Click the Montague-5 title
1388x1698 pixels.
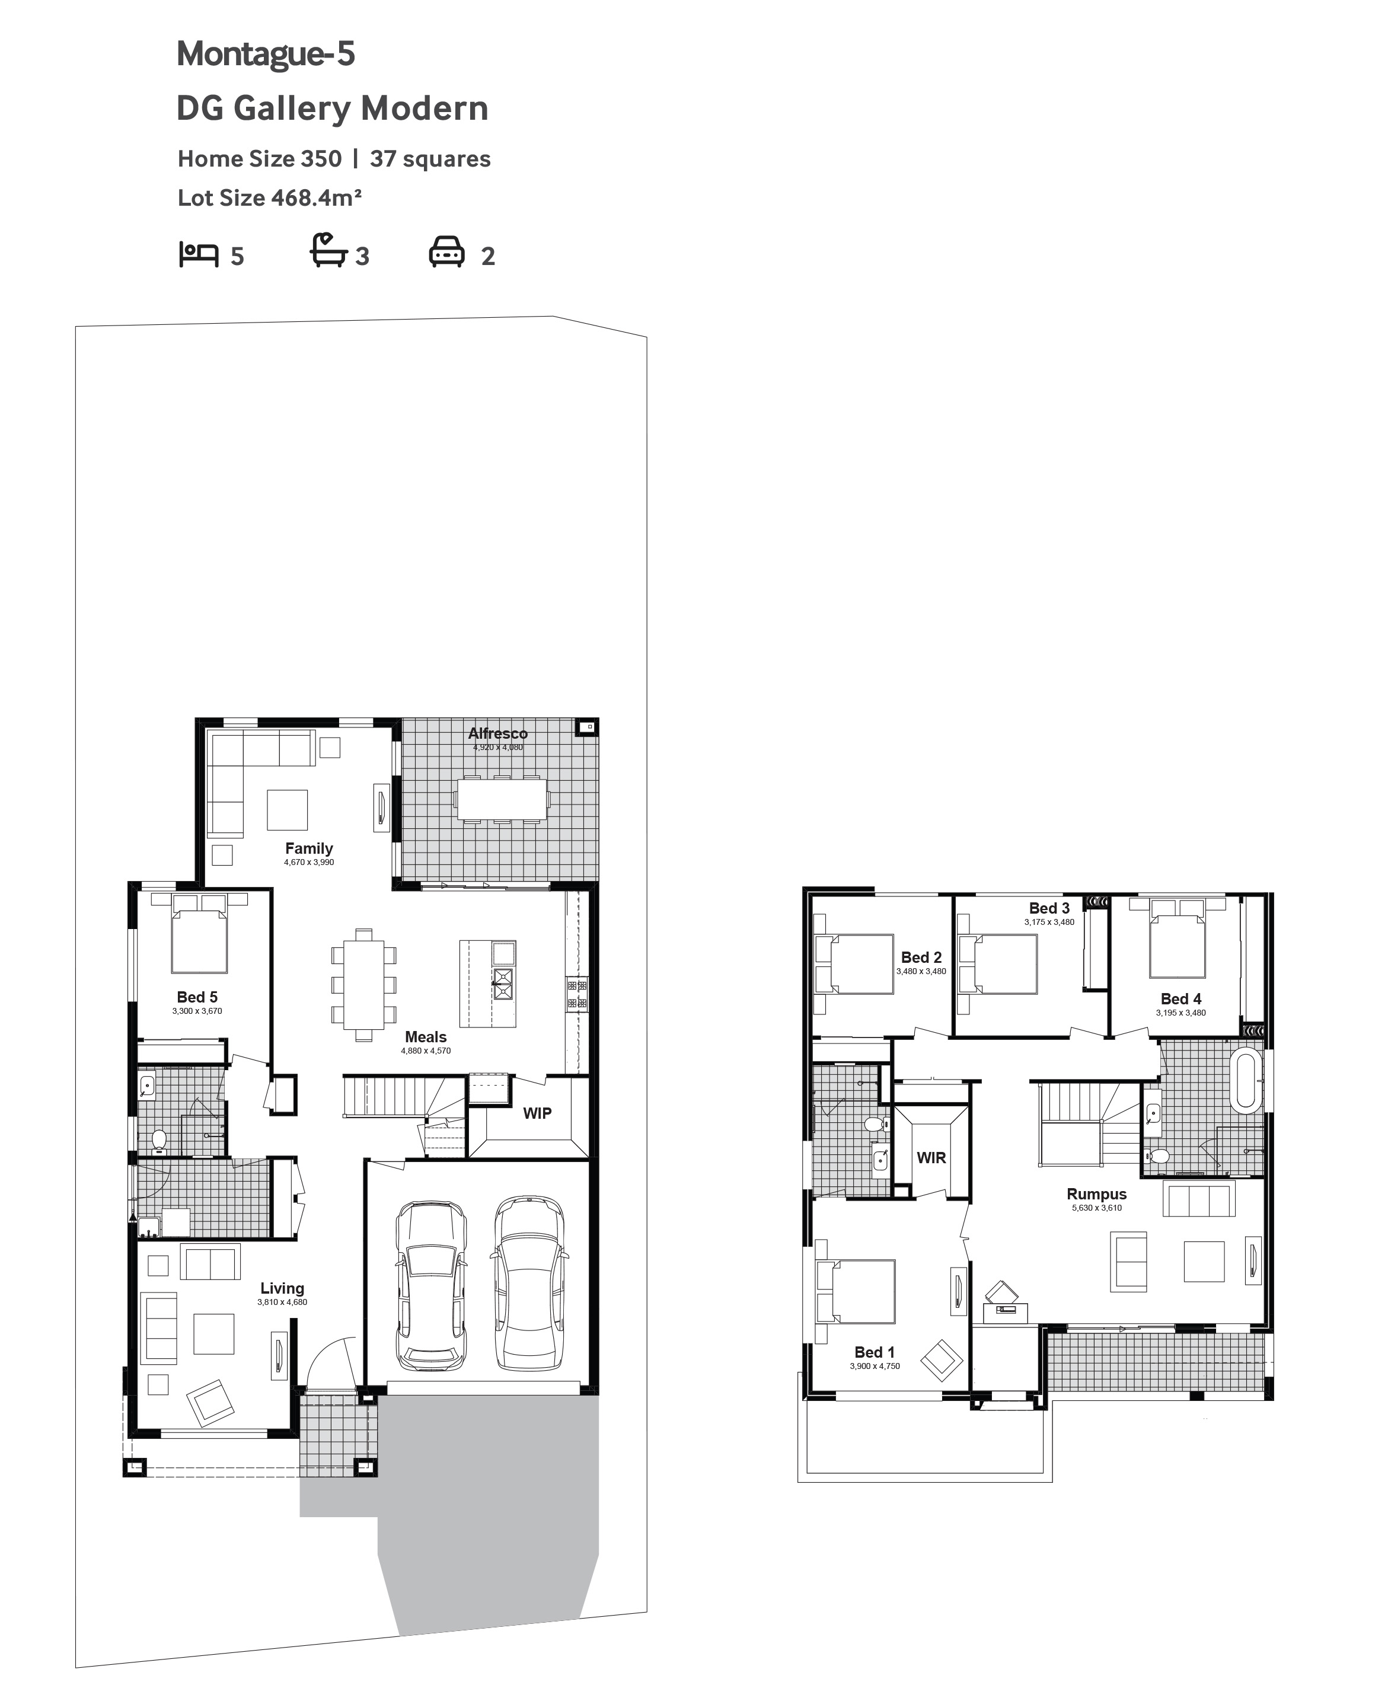[266, 55]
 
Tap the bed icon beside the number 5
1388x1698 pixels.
[198, 254]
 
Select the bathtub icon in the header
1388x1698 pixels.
[328, 250]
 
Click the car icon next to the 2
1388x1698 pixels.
[447, 252]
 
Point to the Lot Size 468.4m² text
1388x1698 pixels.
[269, 197]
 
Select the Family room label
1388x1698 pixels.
[309, 848]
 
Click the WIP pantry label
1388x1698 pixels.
[537, 1113]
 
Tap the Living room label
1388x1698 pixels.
[282, 1289]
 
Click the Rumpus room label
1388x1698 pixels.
[1096, 1195]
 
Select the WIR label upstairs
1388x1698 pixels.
[931, 1157]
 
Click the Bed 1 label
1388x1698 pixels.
[875, 1352]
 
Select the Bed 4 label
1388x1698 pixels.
[1181, 998]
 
